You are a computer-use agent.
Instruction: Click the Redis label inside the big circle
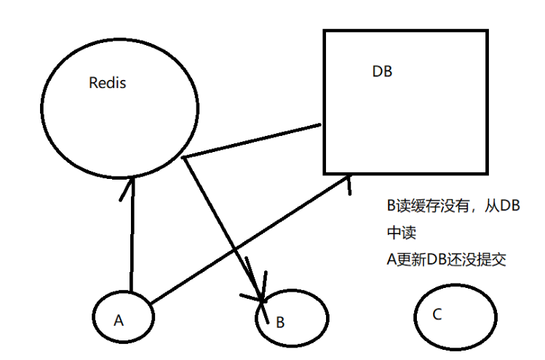(x=108, y=83)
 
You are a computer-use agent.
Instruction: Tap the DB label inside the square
(x=382, y=71)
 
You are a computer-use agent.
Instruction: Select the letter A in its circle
(x=119, y=321)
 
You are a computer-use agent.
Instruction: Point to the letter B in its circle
(x=280, y=322)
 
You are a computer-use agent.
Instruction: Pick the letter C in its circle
(x=437, y=314)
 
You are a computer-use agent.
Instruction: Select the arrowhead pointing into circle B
(x=257, y=289)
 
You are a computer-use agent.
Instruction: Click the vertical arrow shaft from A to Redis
(x=132, y=235)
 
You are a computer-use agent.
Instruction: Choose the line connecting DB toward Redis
(x=252, y=141)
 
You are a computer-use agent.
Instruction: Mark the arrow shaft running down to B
(x=225, y=240)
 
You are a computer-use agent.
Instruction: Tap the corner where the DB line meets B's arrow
(x=183, y=158)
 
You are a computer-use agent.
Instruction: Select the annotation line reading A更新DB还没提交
(x=446, y=259)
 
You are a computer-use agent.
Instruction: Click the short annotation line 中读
(x=402, y=233)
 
